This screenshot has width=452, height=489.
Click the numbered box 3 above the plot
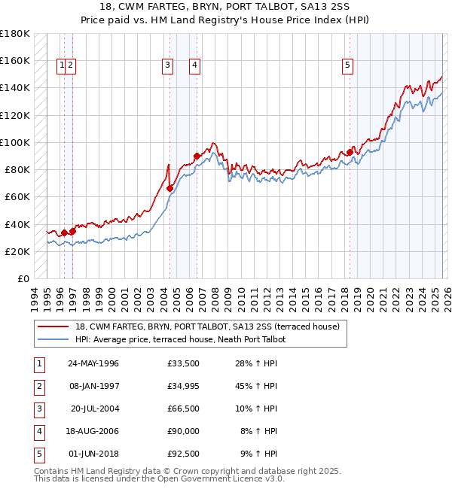click(x=166, y=65)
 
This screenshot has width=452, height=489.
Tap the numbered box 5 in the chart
click(x=347, y=65)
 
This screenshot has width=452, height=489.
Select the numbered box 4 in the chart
click(x=194, y=65)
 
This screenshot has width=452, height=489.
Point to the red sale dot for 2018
click(x=350, y=152)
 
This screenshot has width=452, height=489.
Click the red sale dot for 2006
click(x=197, y=156)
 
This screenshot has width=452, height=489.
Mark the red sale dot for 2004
click(x=169, y=188)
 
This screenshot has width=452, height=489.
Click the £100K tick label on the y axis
click(x=15, y=142)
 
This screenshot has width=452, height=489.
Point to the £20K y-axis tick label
click(x=17, y=251)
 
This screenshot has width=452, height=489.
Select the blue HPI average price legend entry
click(x=180, y=339)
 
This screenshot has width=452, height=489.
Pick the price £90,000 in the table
click(x=183, y=431)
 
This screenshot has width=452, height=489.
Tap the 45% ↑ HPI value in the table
click(x=257, y=386)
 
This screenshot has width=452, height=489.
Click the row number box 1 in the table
click(x=38, y=363)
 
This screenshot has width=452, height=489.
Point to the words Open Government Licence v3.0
click(x=219, y=478)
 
